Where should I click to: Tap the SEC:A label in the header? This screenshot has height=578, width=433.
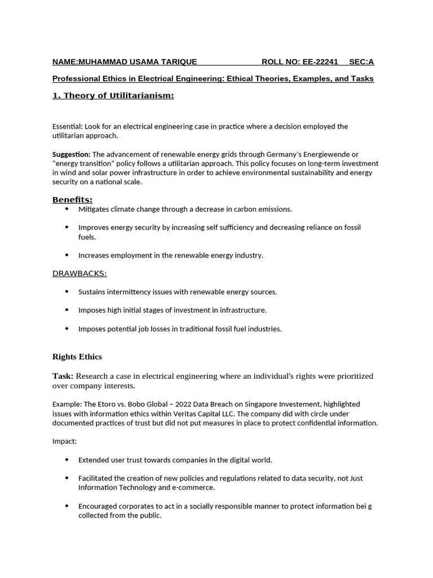tap(361, 62)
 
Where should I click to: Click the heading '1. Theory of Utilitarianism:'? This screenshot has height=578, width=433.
tap(113, 95)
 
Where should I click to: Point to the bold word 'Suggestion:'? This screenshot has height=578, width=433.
tap(71, 154)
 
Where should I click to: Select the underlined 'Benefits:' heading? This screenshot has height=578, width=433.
tap(72, 200)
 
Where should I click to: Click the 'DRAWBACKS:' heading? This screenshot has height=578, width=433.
tap(79, 273)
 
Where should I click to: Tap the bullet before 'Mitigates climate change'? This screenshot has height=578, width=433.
tap(67, 209)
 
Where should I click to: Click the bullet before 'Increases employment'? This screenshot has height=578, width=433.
tap(67, 255)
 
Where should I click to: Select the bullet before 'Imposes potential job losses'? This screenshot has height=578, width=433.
tap(67, 329)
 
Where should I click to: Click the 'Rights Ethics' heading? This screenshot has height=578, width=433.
tap(77, 357)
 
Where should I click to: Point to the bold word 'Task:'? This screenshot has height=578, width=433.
tap(63, 376)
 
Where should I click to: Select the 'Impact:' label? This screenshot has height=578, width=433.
tap(64, 441)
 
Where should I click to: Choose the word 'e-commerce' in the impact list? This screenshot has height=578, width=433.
tap(195, 487)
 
